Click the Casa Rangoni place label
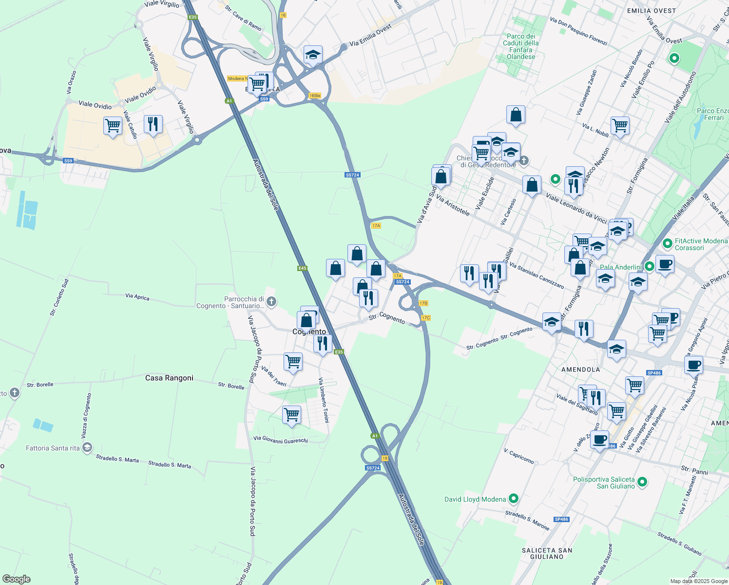coord(169,378)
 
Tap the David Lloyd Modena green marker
coord(513,499)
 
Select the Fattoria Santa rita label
coord(53,448)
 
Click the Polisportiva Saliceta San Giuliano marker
coord(642,482)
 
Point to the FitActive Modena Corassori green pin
coord(667,243)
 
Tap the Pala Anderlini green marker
coord(649,267)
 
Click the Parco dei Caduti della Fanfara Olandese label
coord(521,46)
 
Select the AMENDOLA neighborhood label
coord(580,370)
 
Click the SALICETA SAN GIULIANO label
coord(547,553)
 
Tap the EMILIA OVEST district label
coord(651,11)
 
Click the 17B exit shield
coord(423,303)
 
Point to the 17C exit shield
coord(426,318)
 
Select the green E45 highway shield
coord(302,268)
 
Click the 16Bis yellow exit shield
coord(315,96)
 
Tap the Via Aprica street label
coord(137,296)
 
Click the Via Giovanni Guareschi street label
coord(281,440)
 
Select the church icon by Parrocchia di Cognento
coord(272,302)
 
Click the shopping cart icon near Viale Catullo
coord(113,125)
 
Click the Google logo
coord(17,579)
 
